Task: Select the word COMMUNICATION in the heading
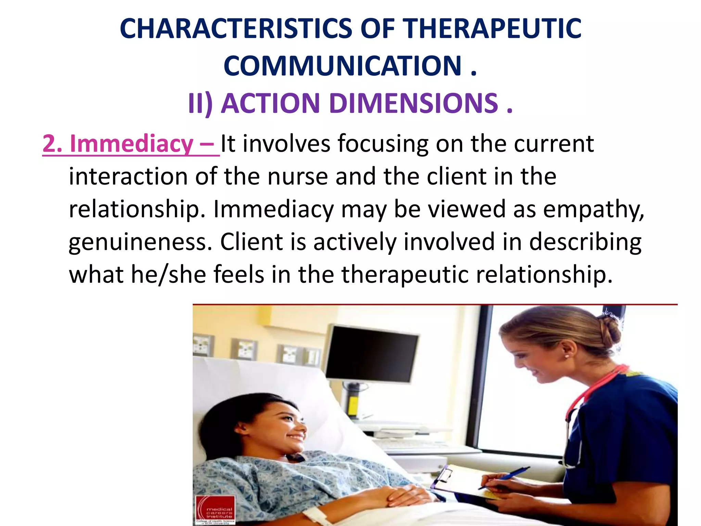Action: [342, 66]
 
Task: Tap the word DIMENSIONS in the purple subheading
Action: [413, 103]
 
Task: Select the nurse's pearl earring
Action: [567, 356]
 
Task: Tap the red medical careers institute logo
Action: [215, 510]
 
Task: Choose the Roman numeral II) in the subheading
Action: [201, 103]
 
